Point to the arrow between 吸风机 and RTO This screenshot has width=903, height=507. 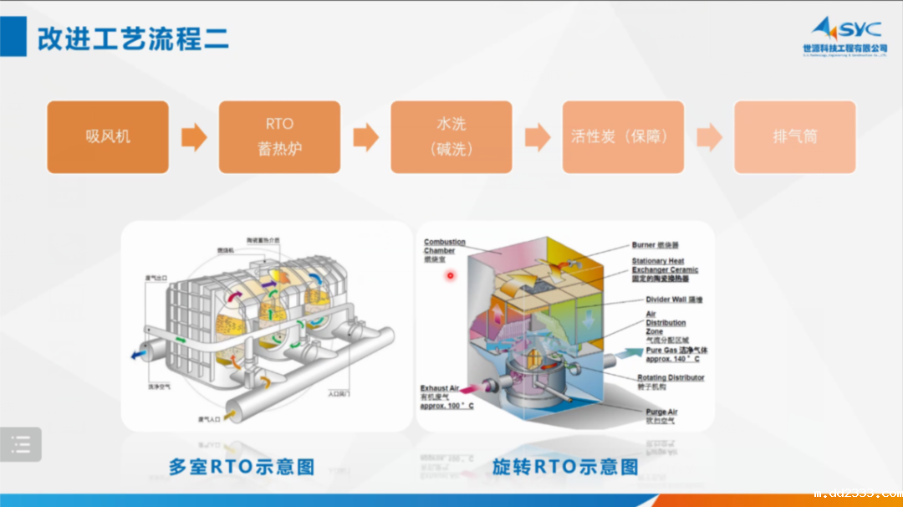pyautogui.click(x=194, y=137)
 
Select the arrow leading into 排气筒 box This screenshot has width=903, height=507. pyautogui.click(x=709, y=137)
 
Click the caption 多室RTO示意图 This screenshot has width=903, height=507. pyautogui.click(x=242, y=467)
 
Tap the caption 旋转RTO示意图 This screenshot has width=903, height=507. pyautogui.click(x=564, y=467)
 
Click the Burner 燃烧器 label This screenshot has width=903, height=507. pyautogui.click(x=655, y=245)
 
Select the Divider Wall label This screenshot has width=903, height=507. pyautogui.click(x=674, y=299)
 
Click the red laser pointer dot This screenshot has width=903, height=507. pyautogui.click(x=450, y=275)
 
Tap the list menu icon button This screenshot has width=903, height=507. pyautogui.click(x=21, y=444)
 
